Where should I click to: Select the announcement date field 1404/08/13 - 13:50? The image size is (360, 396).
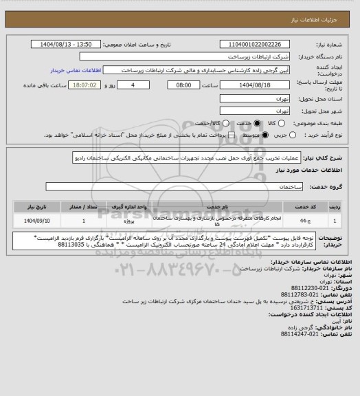pyautogui.click(x=71, y=45)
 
